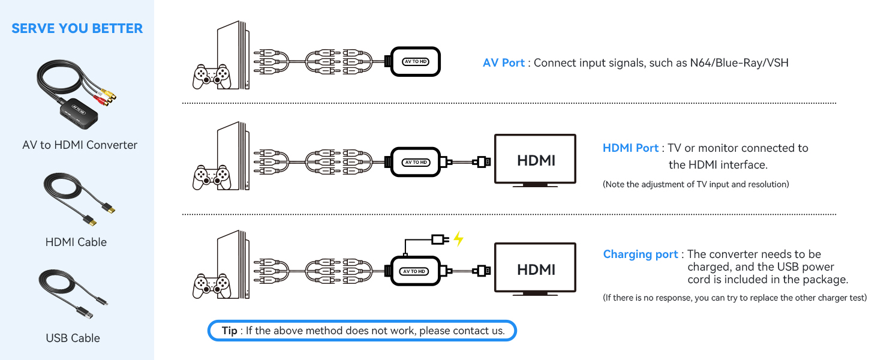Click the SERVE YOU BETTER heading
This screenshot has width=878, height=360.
77,28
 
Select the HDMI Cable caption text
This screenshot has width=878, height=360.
76,242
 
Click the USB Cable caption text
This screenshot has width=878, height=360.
73,338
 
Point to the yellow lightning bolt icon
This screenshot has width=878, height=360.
458,239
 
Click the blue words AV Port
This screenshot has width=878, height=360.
503,62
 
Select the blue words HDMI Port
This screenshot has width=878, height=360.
630,148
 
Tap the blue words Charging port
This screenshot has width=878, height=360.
640,254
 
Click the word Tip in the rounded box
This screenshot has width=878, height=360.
229,331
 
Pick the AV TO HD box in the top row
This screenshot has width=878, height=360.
416,61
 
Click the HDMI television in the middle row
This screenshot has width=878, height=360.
535,160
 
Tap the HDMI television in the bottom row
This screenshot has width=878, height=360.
535,269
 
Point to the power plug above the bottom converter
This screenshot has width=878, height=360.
440,239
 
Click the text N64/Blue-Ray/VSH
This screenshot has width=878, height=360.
738,62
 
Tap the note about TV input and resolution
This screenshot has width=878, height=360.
696,184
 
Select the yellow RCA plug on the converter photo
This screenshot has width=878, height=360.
109,94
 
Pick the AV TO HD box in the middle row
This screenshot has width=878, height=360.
416,162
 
